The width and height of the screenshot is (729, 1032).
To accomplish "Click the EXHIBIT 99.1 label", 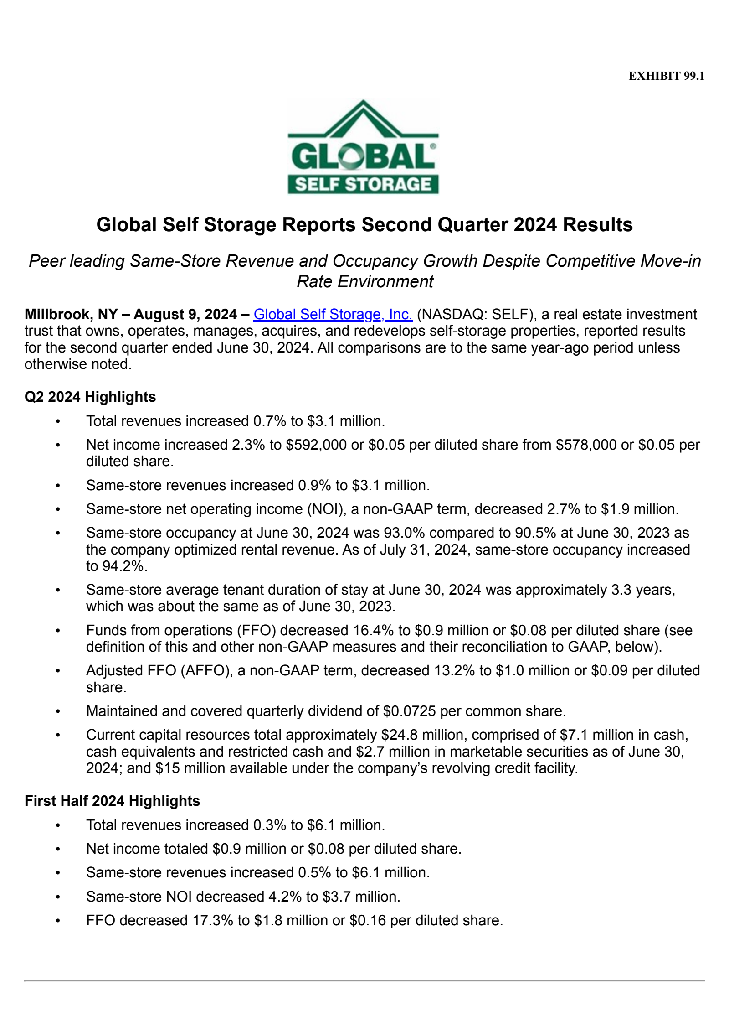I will tap(666, 76).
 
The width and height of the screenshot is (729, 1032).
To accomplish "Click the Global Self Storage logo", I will tap(363, 147).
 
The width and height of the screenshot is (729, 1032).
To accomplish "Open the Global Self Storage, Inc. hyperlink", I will tap(333, 314).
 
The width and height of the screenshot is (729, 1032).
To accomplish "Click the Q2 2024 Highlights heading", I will tap(90, 397).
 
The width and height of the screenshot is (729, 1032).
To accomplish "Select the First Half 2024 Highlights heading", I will tap(112, 801).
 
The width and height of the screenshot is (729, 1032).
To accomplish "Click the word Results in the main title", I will tap(597, 225).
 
